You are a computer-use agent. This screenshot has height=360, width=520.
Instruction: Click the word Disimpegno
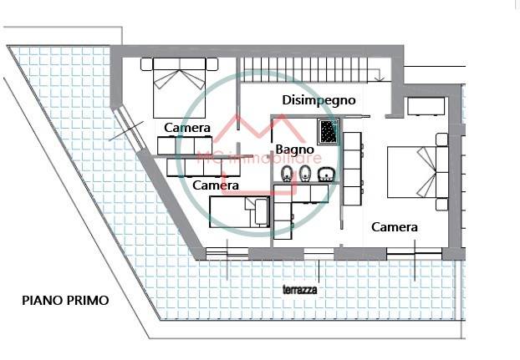(x=319, y=99)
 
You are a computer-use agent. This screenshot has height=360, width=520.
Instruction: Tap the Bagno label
(x=294, y=149)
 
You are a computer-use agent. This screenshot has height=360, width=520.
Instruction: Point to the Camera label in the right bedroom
(x=395, y=226)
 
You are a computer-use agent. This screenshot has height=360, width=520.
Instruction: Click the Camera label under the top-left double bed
(x=187, y=127)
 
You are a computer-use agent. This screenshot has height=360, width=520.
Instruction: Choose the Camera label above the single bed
(x=216, y=185)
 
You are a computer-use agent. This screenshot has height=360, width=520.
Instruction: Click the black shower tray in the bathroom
(x=327, y=130)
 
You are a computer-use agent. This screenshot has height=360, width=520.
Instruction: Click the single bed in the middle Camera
(x=238, y=209)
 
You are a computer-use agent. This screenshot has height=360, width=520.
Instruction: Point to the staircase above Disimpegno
(x=314, y=70)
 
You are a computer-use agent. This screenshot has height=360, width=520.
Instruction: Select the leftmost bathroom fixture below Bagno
(x=287, y=175)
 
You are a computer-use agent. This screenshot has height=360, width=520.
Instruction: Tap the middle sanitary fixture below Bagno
(x=306, y=175)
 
